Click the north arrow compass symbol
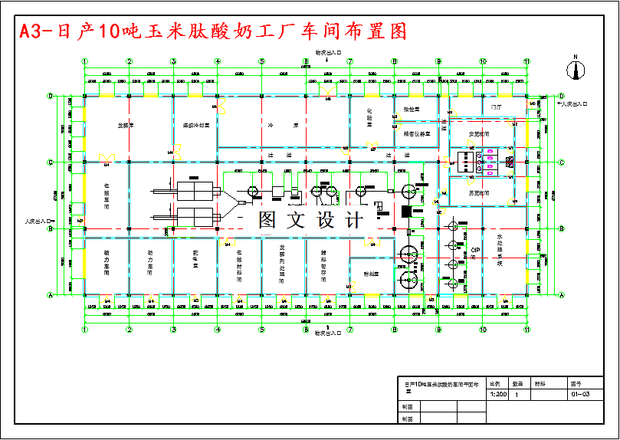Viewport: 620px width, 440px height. click(574, 67)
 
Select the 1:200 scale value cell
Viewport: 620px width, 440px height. click(497, 394)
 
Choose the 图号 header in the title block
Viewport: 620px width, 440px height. click(576, 383)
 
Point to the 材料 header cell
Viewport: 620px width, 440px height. click(540, 383)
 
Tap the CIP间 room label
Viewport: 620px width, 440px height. click(475, 253)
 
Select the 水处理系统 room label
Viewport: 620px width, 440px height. click(500, 249)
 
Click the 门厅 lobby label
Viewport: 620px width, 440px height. click(496, 108)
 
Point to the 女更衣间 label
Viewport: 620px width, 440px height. click(480, 133)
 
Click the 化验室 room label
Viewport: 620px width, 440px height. click(370, 119)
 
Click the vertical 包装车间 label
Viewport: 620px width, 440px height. click(107, 195)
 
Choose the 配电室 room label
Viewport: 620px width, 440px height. click(195, 261)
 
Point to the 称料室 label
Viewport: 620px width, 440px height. click(371, 274)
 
